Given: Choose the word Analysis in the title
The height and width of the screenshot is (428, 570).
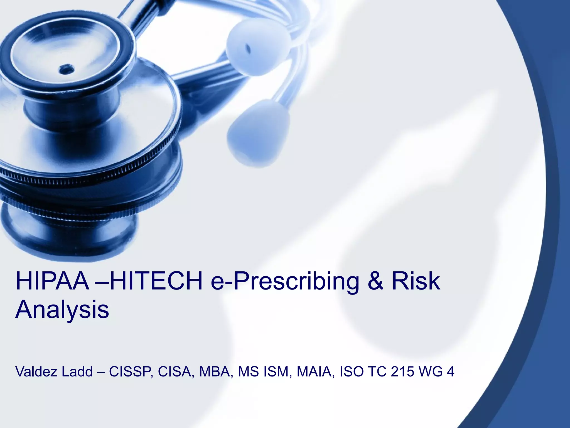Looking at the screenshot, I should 62,310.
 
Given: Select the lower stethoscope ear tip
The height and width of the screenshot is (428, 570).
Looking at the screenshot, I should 257,132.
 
